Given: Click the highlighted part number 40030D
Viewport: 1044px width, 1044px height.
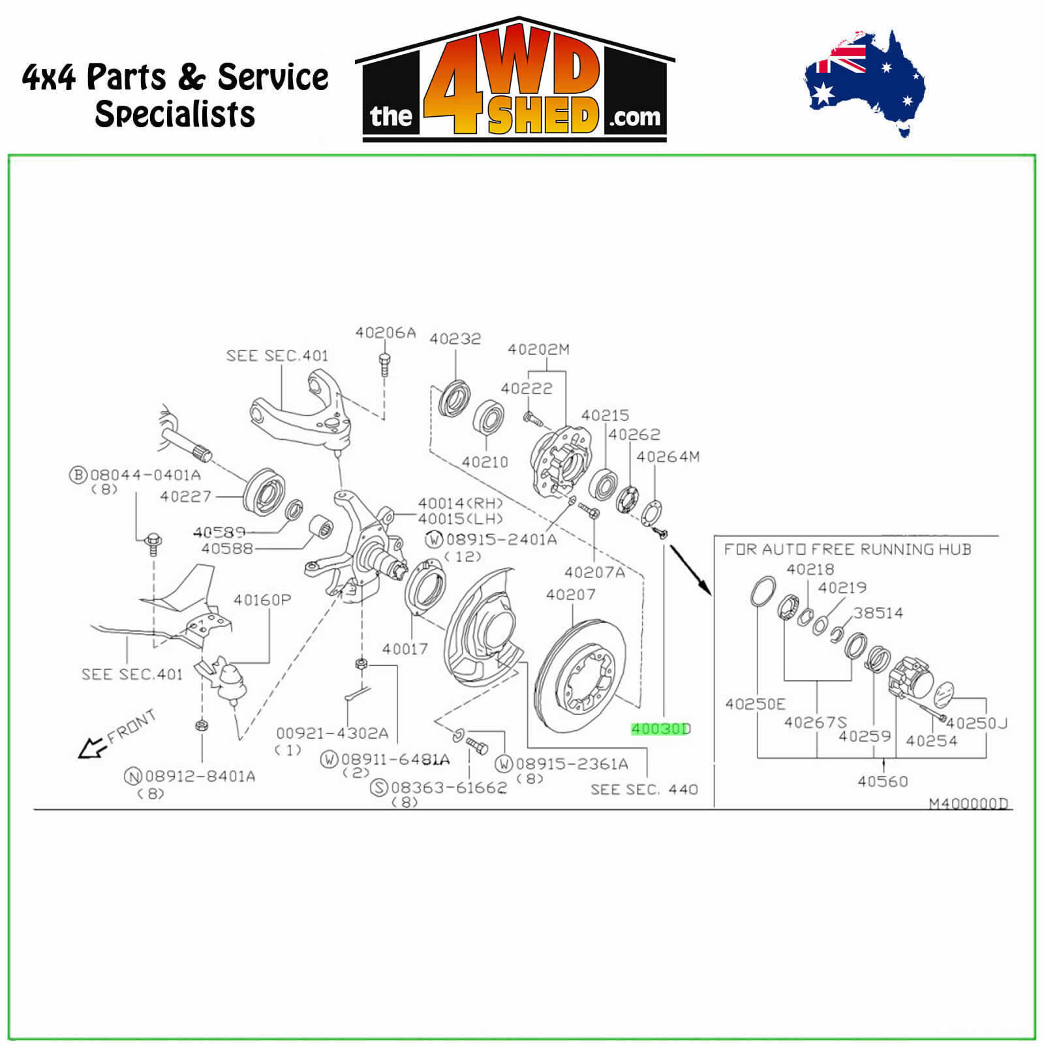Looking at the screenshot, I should (x=660, y=729).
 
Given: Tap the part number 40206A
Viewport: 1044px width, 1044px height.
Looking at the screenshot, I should (x=385, y=333).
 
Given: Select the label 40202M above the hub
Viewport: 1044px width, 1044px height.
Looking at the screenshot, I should (x=538, y=350).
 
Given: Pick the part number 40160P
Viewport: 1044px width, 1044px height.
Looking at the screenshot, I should (x=262, y=600).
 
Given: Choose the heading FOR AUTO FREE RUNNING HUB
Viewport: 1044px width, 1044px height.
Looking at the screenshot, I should (x=847, y=549).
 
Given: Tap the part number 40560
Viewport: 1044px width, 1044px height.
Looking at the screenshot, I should (x=882, y=781).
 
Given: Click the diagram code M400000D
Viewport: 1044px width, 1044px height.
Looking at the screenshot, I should (x=968, y=803).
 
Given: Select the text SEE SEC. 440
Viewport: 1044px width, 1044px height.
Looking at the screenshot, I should (x=644, y=790).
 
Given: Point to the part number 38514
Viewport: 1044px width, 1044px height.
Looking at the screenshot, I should (x=878, y=613).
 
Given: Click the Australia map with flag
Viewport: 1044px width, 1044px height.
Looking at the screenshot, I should (x=865, y=82).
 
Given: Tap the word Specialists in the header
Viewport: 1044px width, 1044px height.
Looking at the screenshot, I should (x=175, y=114).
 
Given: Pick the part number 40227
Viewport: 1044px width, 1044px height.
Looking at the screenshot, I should (x=186, y=497).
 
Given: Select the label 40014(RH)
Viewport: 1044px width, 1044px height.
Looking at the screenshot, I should (x=460, y=503).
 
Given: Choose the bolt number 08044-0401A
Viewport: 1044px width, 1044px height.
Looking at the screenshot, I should (x=145, y=475).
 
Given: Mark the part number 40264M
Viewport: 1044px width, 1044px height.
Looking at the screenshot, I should (x=668, y=457).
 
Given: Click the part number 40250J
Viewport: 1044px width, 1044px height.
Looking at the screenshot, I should (x=976, y=723).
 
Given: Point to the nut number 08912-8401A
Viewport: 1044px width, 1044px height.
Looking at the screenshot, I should (x=200, y=776).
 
